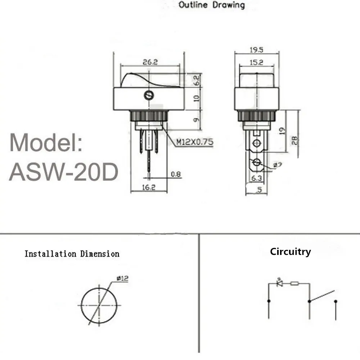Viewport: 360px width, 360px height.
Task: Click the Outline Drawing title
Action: click(x=212, y=5)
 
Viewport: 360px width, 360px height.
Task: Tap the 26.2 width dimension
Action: click(x=150, y=62)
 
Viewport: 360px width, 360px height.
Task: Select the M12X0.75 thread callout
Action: click(x=194, y=142)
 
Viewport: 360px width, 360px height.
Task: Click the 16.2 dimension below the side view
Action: click(x=148, y=187)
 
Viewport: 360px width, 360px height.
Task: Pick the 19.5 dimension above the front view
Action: click(x=256, y=50)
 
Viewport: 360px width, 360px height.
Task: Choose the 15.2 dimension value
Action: click(x=256, y=62)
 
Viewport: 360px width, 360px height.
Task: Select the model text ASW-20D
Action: click(x=64, y=172)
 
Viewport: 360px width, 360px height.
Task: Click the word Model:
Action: click(x=46, y=142)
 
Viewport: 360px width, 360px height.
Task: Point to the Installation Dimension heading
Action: click(x=72, y=254)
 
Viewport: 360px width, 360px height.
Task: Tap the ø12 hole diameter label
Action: click(x=122, y=278)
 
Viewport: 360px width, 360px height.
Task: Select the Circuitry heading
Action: click(x=290, y=252)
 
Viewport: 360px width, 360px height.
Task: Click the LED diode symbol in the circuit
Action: click(x=279, y=283)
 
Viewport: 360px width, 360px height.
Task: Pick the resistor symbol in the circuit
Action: click(x=294, y=283)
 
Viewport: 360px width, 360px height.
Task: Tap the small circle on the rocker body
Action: click(x=148, y=95)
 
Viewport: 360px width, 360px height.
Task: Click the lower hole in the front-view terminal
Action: click(x=256, y=162)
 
